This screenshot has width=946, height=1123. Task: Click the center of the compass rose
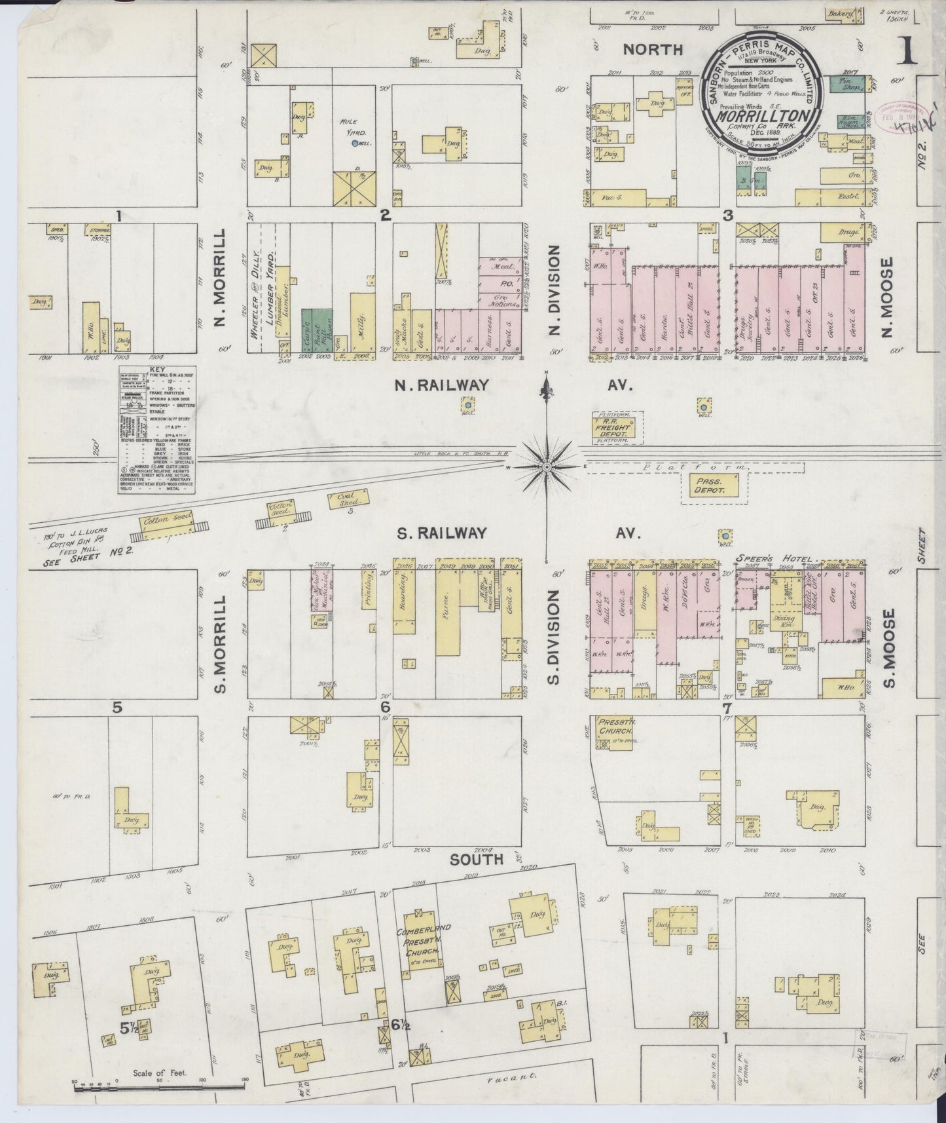(x=547, y=466)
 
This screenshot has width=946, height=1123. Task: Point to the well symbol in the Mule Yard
(x=354, y=143)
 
